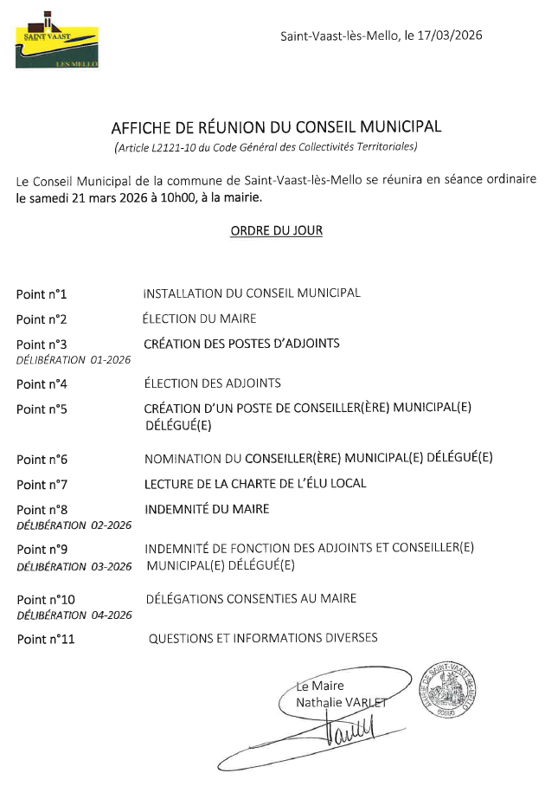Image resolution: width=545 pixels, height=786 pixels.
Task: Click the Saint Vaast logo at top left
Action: pyautogui.click(x=57, y=42)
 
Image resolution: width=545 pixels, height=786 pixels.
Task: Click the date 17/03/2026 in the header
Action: pyautogui.click(x=448, y=35)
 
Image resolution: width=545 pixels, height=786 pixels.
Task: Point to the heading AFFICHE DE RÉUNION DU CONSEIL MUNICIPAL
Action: pyautogui.click(x=276, y=126)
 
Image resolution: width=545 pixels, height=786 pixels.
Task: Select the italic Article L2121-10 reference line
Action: pyautogui.click(x=266, y=147)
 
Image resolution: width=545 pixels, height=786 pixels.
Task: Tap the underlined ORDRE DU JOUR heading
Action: pyautogui.click(x=276, y=231)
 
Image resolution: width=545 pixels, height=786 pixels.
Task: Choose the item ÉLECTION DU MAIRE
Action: pyautogui.click(x=199, y=319)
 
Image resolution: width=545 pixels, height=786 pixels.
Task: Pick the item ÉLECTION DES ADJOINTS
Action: pyautogui.click(x=212, y=383)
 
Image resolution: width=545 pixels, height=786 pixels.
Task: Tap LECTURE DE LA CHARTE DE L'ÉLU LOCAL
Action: pyautogui.click(x=255, y=483)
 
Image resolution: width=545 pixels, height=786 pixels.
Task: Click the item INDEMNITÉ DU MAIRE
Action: pyautogui.click(x=207, y=509)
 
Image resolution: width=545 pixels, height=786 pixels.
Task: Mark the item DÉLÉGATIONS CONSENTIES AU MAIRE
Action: pyautogui.click(x=251, y=598)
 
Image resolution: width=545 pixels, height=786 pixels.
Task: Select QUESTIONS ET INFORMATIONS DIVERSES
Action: pyautogui.click(x=263, y=638)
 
